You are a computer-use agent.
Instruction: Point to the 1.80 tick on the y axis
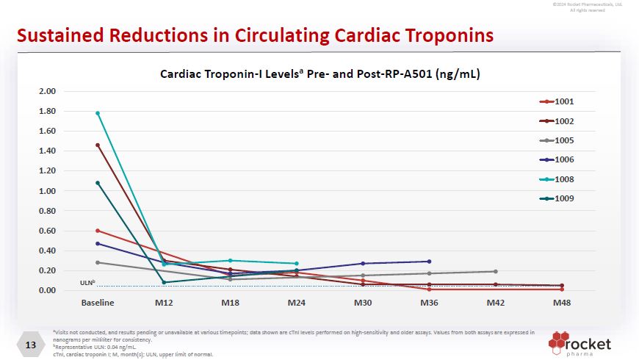[47, 112]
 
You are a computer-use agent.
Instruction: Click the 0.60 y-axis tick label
[47, 231]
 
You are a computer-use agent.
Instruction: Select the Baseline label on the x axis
[97, 303]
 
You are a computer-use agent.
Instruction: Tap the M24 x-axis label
[296, 303]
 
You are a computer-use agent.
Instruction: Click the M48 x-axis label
[562, 303]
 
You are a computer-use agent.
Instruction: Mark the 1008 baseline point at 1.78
[98, 113]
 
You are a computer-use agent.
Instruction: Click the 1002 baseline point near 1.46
[98, 145]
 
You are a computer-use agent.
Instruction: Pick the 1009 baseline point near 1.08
[98, 183]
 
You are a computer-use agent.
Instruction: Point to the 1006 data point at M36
[429, 262]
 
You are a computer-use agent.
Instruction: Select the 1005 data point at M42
[496, 271]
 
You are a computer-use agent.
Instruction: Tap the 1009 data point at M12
[165, 282]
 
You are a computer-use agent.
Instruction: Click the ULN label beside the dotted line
[87, 283]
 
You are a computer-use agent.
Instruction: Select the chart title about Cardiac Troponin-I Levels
[320, 74]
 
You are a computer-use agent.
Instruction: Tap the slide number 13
[31, 345]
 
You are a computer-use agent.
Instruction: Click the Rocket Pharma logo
[580, 344]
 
